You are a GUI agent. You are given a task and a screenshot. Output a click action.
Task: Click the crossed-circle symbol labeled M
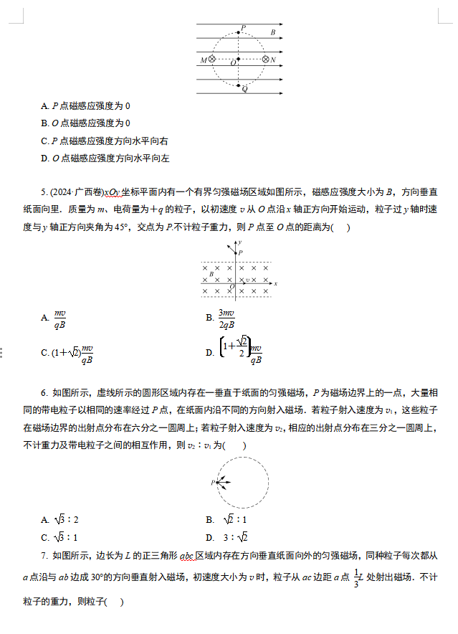(212, 60)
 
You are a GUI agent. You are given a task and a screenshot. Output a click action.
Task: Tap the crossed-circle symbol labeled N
(265, 60)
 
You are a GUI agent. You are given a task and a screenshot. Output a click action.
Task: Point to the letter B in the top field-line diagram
(273, 32)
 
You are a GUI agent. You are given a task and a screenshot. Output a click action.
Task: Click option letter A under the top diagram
(44, 106)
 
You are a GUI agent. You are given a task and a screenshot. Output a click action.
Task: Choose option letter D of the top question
(44, 158)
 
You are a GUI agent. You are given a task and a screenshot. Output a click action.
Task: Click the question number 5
(44, 192)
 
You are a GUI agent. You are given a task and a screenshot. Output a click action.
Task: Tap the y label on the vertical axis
(240, 244)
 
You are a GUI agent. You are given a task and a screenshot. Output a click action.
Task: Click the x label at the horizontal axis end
(276, 284)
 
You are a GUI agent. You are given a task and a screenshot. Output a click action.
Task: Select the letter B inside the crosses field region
(211, 274)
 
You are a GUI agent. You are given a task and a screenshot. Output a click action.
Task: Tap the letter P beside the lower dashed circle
(213, 483)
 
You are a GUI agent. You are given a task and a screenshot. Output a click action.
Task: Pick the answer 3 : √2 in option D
(234, 537)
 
